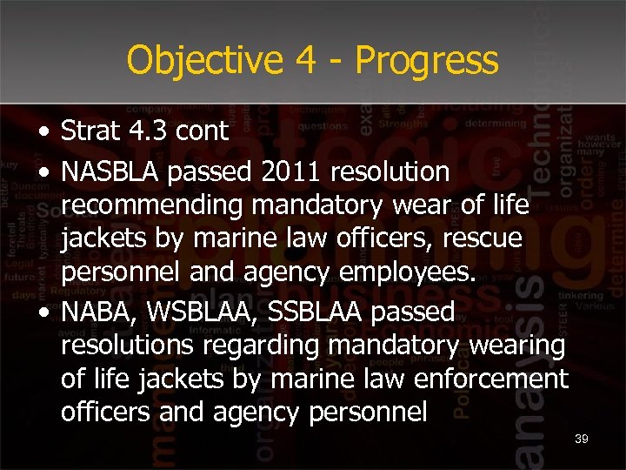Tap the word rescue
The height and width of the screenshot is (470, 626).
coord(483,238)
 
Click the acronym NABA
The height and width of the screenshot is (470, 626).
coord(94,311)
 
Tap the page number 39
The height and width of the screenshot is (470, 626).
coord(581,439)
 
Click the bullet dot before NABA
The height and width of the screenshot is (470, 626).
coord(43,312)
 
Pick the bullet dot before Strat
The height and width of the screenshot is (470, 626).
coord(43,132)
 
